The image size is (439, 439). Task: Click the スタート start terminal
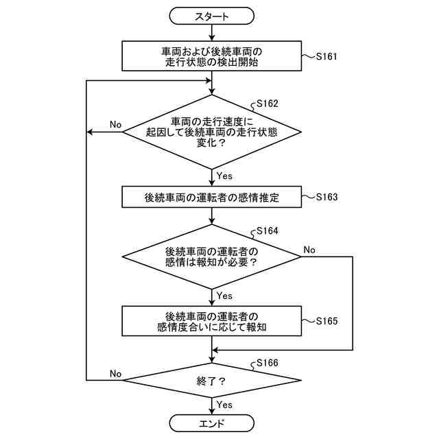pos(212,16)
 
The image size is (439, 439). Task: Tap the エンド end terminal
pos(212,423)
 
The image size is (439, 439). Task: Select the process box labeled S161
pos(212,56)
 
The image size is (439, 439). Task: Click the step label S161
pos(327,56)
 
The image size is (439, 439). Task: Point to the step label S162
pos(268,104)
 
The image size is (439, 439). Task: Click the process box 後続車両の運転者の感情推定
pos(212,197)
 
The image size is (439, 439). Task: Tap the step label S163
pos(327,197)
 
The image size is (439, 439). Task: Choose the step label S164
pos(268,231)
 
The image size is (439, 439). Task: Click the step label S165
pos(327,321)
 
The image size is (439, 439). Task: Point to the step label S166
pos(268,363)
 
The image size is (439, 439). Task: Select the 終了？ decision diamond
pos(212,380)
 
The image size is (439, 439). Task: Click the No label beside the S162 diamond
pos(115,124)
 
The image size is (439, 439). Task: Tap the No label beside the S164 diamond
pos(309,250)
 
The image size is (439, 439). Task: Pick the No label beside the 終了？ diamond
pos(115,373)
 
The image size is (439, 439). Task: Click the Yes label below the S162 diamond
pos(224,176)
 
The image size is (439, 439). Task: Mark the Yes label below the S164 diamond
pos(224,296)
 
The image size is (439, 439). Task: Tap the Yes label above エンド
pos(224,405)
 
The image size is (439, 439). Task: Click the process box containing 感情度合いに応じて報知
pos(212,321)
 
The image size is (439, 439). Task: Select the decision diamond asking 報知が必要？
pos(212,257)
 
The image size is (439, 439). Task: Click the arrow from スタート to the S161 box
pos(212,32)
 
